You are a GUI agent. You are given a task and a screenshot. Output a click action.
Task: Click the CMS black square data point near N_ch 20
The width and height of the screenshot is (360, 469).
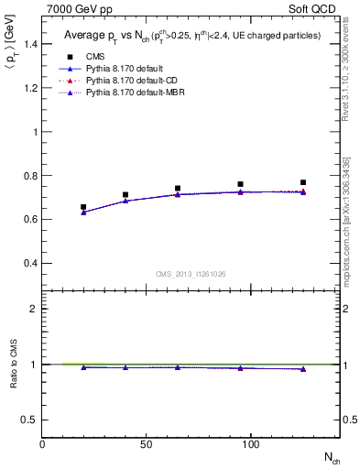[x=83, y=207]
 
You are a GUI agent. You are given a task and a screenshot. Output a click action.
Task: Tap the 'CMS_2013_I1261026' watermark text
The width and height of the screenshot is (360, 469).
[x=191, y=273]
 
